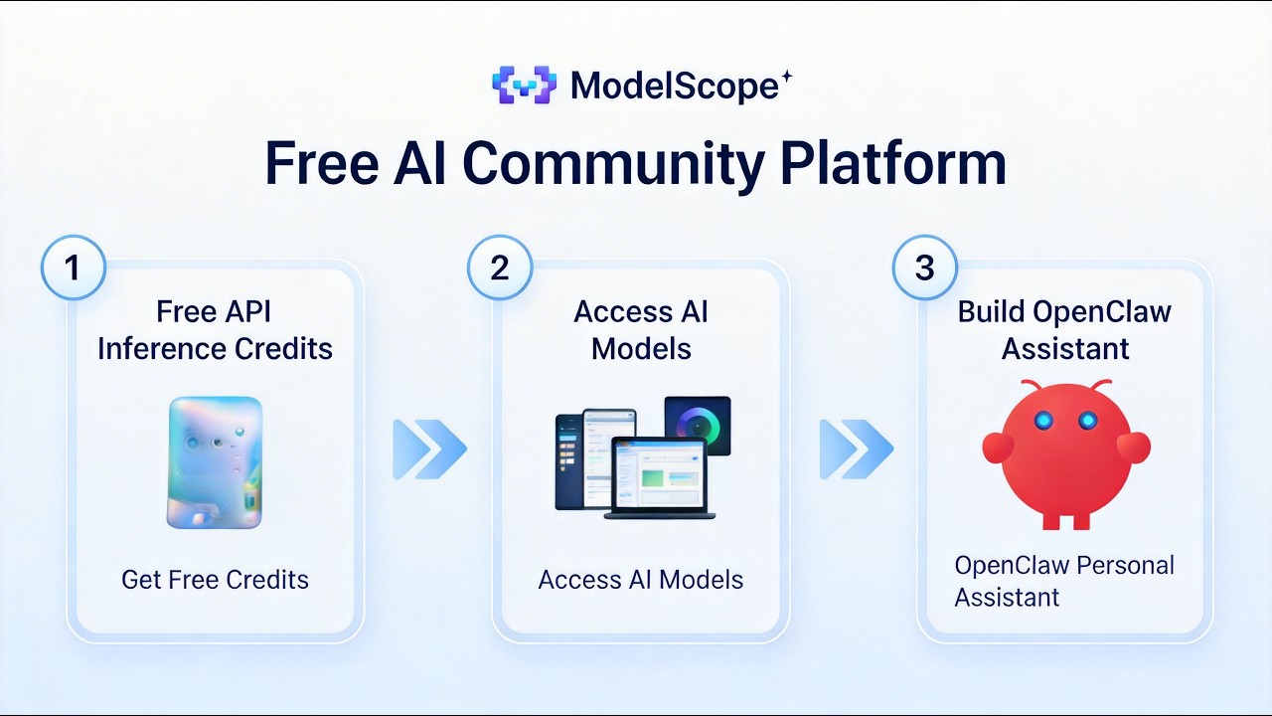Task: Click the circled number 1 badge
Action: pyautogui.click(x=73, y=268)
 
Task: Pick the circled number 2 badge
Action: pyautogui.click(x=499, y=268)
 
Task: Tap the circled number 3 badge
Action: pyautogui.click(x=924, y=268)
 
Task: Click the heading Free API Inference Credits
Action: pyautogui.click(x=215, y=330)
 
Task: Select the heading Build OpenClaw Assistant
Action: pyautogui.click(x=1064, y=330)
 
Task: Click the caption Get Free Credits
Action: pyautogui.click(x=215, y=580)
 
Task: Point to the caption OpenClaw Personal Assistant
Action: pyautogui.click(x=1064, y=581)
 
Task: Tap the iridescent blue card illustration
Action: pyautogui.click(x=215, y=462)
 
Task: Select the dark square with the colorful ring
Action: pyautogui.click(x=697, y=426)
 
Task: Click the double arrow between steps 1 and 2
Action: pyautogui.click(x=429, y=449)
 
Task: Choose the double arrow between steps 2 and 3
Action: pyautogui.click(x=855, y=449)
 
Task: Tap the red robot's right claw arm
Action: pyautogui.click(x=1134, y=447)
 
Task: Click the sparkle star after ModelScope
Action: pyautogui.click(x=786, y=77)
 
